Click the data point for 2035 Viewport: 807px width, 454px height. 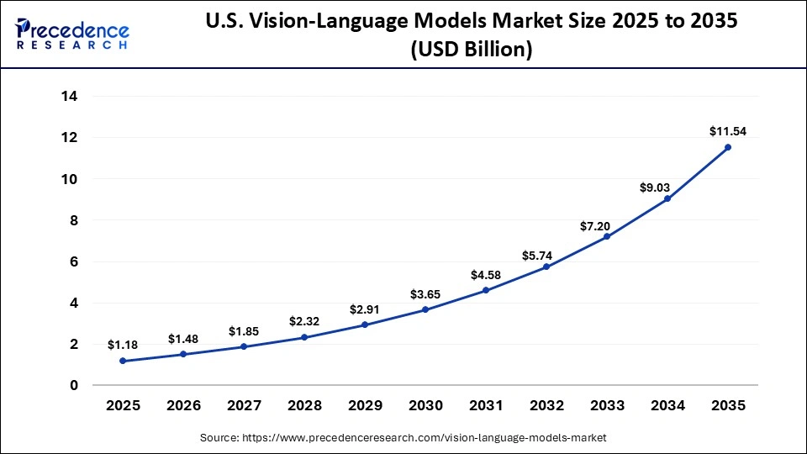[x=728, y=147]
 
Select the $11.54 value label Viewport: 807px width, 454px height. [x=728, y=130]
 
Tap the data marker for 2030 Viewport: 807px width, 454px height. [x=425, y=309]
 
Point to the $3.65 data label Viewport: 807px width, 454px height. [x=425, y=293]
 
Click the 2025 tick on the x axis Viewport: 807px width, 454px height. [x=123, y=406]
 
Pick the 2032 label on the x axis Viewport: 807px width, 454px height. [x=546, y=406]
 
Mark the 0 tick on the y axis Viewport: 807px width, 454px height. [x=74, y=386]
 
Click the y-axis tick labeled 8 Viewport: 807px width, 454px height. [x=74, y=220]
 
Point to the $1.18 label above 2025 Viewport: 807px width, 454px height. [x=123, y=345]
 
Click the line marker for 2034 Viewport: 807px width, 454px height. [x=667, y=199]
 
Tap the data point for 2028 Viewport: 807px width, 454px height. [x=304, y=337]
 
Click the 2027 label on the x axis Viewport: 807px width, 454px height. [x=244, y=406]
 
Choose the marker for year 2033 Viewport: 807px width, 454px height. [x=607, y=236]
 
